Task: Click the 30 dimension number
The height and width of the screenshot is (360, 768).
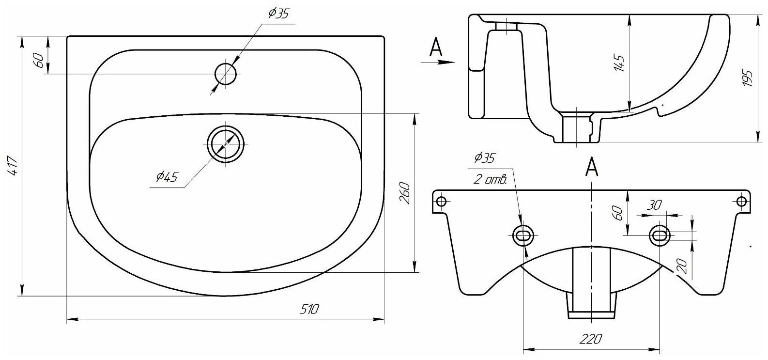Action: tap(656, 205)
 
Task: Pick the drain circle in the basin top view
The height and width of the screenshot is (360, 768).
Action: tap(226, 144)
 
